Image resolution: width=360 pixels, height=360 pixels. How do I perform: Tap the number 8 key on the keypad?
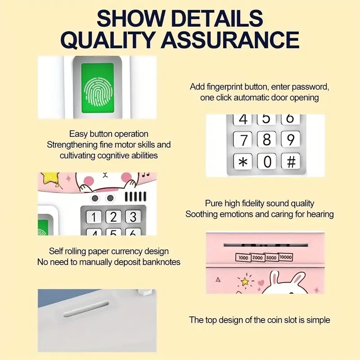coord(266,139)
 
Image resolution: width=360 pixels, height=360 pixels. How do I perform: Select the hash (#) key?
coord(291,161)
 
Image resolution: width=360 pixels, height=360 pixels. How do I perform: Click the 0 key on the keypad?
coord(266,161)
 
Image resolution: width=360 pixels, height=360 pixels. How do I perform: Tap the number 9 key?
coord(290,139)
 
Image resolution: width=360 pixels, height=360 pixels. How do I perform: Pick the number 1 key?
coord(94,217)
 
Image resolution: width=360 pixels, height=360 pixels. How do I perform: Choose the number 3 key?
coord(133,217)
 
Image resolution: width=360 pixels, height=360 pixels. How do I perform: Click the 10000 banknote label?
coord(286,257)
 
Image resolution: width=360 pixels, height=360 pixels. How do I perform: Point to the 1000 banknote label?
coord(243,257)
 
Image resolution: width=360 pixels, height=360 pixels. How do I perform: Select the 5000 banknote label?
coord(271,257)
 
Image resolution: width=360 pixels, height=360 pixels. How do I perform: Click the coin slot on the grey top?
coord(86,309)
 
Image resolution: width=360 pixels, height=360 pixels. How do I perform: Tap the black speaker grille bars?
coord(135,197)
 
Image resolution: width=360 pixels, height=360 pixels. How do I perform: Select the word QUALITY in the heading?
coord(107,40)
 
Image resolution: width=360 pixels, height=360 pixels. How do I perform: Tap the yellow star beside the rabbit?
coord(245,281)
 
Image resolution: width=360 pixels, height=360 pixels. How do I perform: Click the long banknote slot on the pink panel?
coord(265,245)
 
